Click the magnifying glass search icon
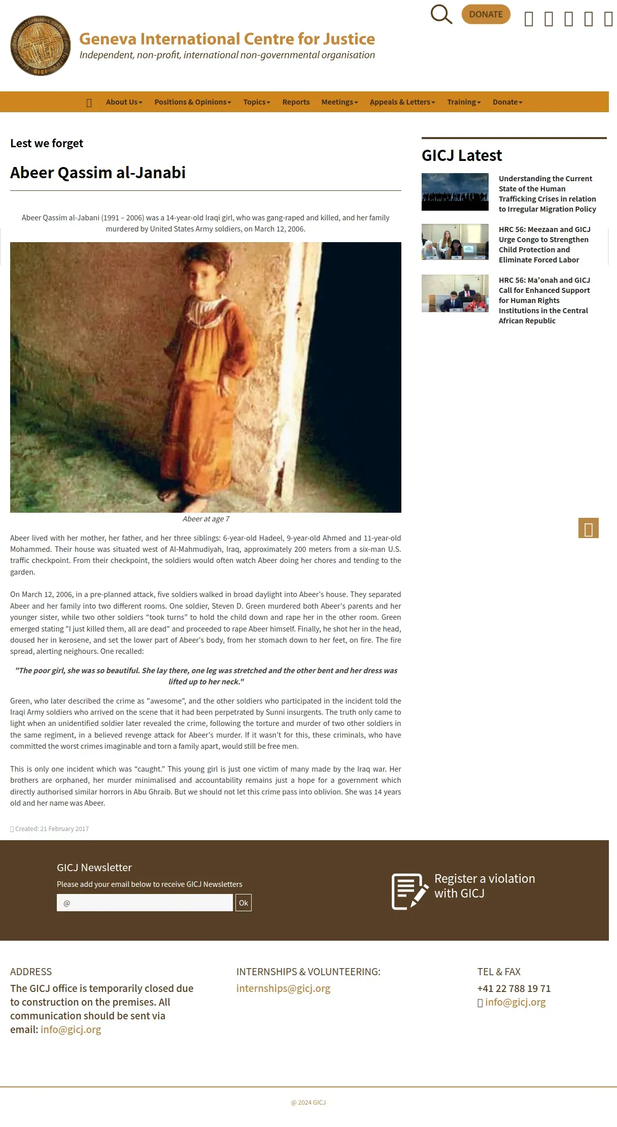click(441, 15)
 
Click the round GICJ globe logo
click(41, 46)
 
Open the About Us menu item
click(124, 102)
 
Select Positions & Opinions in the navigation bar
click(192, 102)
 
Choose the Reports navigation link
click(296, 102)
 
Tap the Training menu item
click(463, 102)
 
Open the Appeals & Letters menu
click(402, 102)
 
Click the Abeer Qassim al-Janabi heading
click(98, 173)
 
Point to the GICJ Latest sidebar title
click(461, 155)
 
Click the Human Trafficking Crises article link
click(547, 194)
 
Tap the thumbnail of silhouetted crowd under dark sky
click(455, 192)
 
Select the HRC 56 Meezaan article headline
click(544, 245)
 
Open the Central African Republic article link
click(544, 301)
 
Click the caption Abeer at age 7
click(205, 519)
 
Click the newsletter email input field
click(145, 903)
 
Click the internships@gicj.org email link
click(283, 988)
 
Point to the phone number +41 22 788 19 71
click(513, 988)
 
